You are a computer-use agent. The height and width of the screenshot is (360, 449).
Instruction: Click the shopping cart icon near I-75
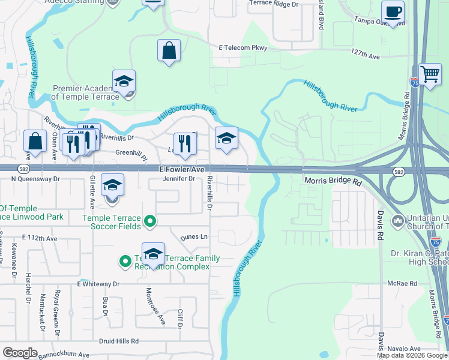click(x=430, y=75)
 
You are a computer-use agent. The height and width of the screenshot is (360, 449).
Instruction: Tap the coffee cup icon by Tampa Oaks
click(x=393, y=12)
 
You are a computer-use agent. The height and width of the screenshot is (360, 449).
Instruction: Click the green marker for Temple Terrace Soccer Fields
click(x=151, y=223)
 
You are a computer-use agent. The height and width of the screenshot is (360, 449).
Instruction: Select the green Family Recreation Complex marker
click(x=125, y=261)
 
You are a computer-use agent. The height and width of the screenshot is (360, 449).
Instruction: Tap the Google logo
click(x=20, y=352)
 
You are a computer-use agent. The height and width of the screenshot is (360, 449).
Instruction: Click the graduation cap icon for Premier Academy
click(x=124, y=82)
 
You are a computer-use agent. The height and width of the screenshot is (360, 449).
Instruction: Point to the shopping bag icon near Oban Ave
click(x=35, y=141)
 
